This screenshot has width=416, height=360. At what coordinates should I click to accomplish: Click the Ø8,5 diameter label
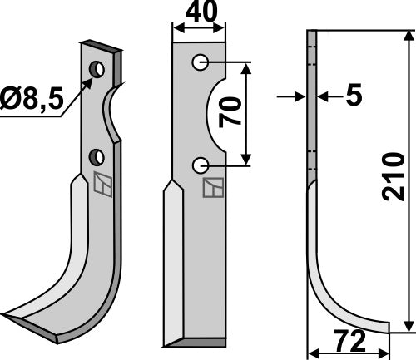pos(32,103)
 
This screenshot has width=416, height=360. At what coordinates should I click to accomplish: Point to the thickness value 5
pos(354,97)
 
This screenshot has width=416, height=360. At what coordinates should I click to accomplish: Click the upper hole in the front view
pos(200,62)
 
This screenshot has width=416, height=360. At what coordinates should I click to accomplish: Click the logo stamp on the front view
pos(212,190)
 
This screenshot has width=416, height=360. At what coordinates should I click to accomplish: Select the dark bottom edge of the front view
pos(195,342)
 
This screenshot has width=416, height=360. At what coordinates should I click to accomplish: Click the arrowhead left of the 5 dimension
pos(300,97)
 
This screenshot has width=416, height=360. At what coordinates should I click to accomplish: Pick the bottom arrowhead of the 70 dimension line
pos(246,160)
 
